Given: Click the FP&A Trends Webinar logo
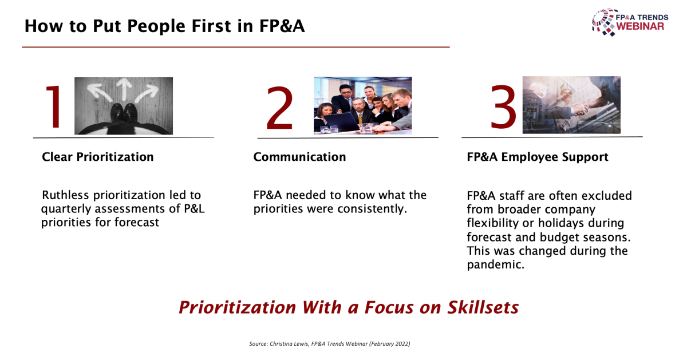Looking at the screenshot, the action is coord(630,22).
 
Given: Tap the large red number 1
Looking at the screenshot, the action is coord(54,106).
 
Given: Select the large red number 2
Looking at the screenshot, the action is coord(279,108).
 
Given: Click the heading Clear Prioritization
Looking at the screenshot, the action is coord(97,157).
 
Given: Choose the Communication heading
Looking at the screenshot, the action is coord(299,157).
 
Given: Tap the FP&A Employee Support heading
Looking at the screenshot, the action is coord(538,157).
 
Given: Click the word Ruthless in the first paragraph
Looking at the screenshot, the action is coord(65,195).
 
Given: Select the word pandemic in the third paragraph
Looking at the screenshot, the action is coord(496,264).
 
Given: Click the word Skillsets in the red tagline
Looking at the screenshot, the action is coord(483,307).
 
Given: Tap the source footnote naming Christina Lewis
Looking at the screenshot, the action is coord(329,344).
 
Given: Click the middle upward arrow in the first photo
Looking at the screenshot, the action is coord(124,89).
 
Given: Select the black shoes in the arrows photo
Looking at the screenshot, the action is coord(124,114).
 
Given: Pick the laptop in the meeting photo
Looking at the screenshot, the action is coord(341,122).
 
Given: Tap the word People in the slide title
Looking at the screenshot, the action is coord(156,26).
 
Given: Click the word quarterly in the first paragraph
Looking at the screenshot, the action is coord(66,209).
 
